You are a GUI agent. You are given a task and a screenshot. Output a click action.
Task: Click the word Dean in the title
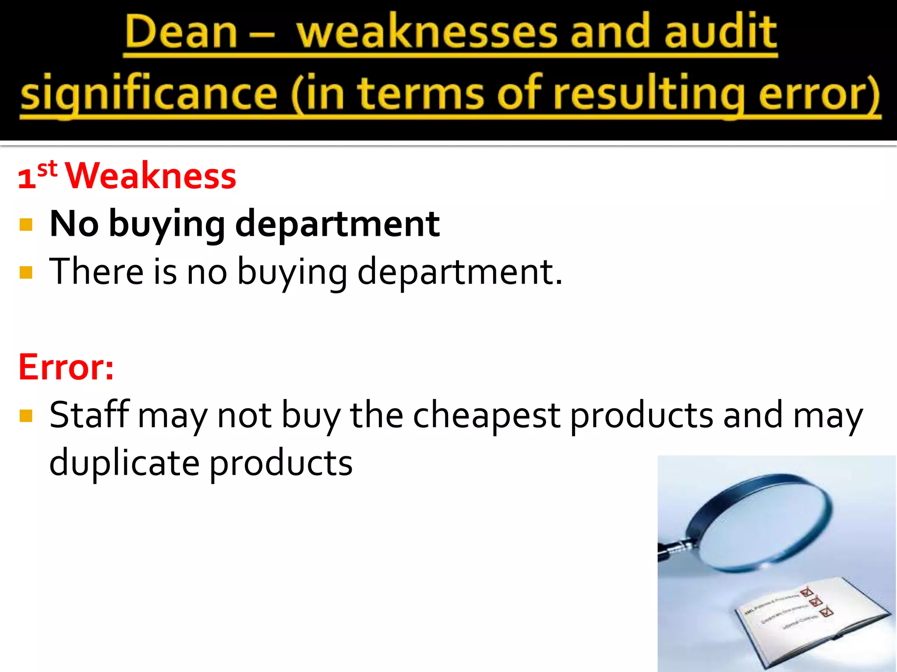180,33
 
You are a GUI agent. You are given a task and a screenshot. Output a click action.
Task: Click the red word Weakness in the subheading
151,176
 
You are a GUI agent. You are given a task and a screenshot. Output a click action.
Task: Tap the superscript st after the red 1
47,169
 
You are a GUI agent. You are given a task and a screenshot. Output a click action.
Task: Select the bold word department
337,224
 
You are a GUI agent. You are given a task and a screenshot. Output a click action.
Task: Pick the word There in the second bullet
96,272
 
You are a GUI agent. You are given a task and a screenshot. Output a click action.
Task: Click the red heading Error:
66,367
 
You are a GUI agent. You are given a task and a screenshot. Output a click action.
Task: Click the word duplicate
124,463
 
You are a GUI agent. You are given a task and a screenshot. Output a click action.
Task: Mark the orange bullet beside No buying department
26,225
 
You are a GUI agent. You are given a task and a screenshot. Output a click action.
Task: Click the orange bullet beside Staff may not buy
26,415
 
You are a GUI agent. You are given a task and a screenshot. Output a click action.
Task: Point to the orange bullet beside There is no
26,273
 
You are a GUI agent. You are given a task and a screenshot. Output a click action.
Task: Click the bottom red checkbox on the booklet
826,612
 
